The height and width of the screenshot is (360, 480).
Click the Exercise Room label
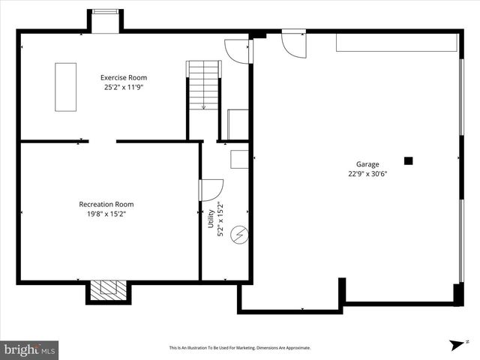pos(124,77)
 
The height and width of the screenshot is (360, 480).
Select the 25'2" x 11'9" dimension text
pos(124,87)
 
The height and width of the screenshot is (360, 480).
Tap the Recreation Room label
pos(106,204)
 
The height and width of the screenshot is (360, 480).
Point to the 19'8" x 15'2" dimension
pos(106,214)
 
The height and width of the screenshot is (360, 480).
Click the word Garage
pos(367,164)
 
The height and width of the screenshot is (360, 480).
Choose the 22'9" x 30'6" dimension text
pos(367,174)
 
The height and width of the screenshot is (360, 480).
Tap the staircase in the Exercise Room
pos(204,85)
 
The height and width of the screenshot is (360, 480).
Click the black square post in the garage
pos(409,160)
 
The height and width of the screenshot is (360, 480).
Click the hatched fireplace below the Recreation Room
pos(108,289)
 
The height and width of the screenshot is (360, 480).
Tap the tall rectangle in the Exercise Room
pos(65,87)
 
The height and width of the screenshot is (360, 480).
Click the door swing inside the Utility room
pos(211,190)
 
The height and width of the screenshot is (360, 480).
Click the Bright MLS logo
pos(30,349)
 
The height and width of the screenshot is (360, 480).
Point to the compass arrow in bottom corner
pos(456,344)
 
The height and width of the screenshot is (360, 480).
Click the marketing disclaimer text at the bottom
pos(239,348)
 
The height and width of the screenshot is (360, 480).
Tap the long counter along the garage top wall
pos(396,43)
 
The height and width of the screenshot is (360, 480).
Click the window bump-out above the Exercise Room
pos(105,20)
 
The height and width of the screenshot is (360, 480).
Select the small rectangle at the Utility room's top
pos(239,159)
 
